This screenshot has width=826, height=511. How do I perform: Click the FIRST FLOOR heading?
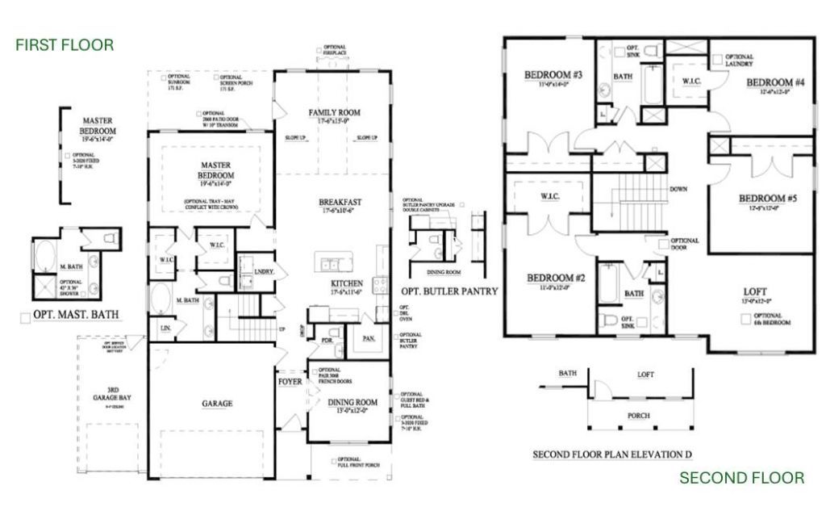[x=65, y=44]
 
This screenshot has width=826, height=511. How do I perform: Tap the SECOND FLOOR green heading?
[x=741, y=478]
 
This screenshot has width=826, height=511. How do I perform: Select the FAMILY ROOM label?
[x=334, y=112]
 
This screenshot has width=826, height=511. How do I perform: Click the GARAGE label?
[x=217, y=403]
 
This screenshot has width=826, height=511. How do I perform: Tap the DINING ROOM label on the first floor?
[x=353, y=401]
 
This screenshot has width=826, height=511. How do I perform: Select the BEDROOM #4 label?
[x=775, y=82]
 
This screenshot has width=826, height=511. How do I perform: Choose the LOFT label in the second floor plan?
[x=756, y=291]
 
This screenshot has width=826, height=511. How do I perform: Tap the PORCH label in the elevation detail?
[x=639, y=416]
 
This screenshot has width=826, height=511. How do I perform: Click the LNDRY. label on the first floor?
[x=264, y=272]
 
